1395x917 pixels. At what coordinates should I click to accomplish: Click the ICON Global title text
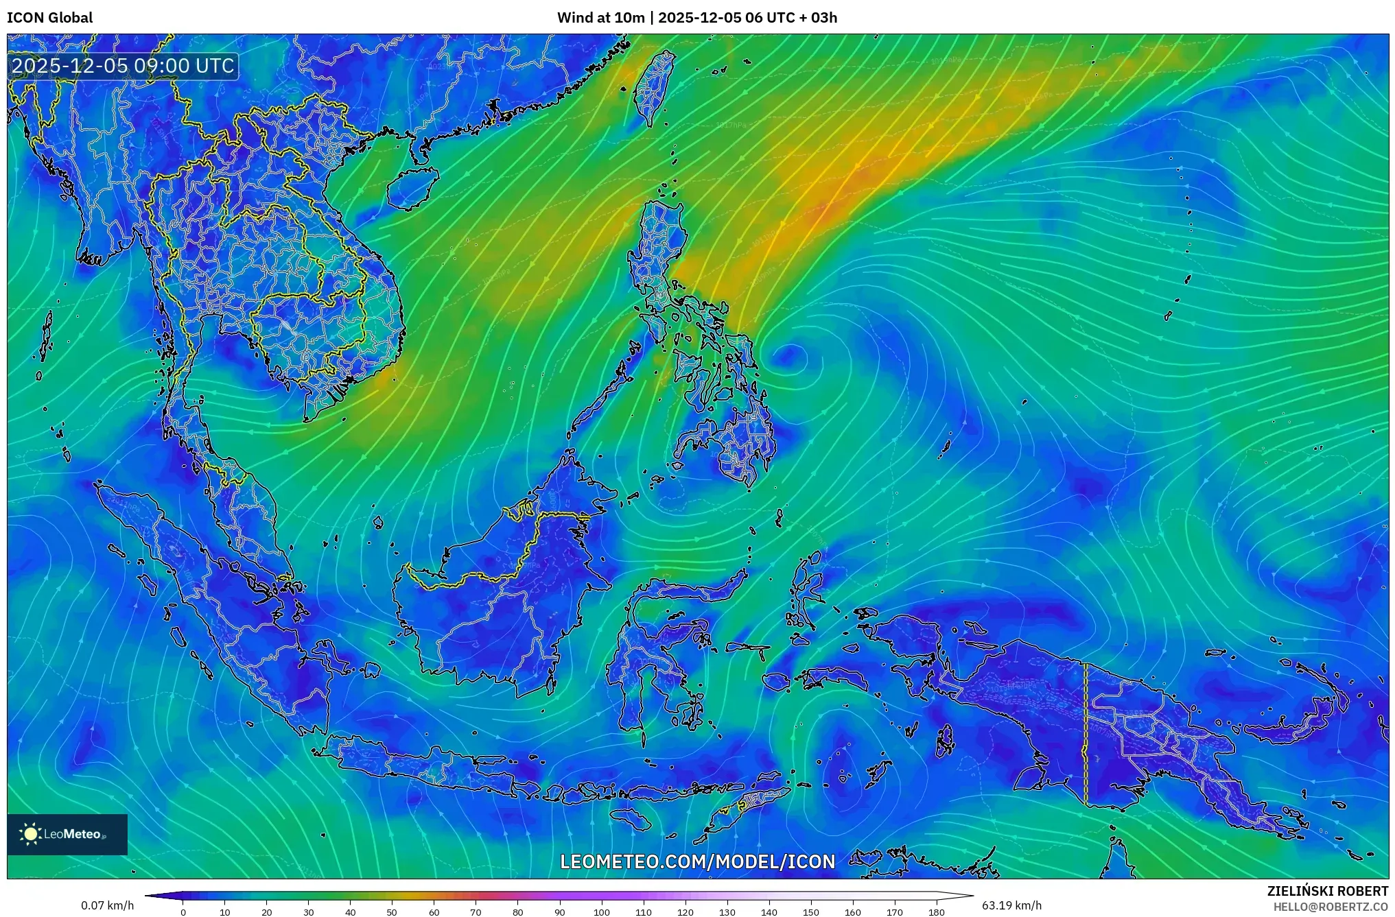point(49,18)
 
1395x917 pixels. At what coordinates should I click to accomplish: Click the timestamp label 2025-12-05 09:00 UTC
point(124,66)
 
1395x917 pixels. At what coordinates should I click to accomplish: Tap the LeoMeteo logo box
point(67,834)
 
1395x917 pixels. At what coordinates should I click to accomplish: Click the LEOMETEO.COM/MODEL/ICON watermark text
point(697,861)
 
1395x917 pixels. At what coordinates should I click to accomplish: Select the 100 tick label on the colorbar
point(601,912)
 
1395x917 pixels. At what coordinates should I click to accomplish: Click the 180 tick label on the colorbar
point(936,912)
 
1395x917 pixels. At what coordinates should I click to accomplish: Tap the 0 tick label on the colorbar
point(183,912)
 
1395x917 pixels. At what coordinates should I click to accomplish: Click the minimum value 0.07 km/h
point(107,905)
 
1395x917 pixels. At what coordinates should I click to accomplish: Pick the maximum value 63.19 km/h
point(1011,905)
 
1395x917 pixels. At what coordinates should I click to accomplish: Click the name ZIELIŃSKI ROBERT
point(1327,891)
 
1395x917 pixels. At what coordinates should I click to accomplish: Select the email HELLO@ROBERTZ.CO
point(1330,907)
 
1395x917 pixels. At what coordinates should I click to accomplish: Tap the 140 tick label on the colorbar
point(769,912)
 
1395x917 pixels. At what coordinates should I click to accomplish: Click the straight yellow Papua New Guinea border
point(1086,734)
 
